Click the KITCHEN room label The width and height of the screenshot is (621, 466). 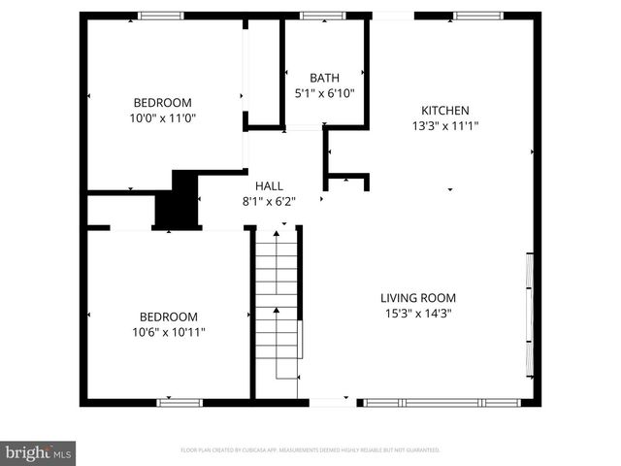pos(444,110)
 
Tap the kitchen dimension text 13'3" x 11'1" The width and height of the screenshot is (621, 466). pos(444,125)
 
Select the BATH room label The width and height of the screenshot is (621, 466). pos(324,78)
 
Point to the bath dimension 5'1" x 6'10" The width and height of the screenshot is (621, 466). pos(324,93)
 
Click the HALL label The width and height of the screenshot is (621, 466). pos(269,185)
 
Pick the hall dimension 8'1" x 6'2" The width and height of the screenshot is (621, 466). pos(269,201)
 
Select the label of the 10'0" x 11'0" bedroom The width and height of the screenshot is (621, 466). pos(162,102)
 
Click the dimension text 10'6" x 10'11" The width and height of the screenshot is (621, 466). pos(169,332)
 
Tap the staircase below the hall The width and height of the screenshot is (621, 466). pos(278,311)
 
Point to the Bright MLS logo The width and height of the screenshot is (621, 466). pos(39,452)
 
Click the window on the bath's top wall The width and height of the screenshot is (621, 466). pos(315,16)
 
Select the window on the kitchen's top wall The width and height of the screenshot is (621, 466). pos(472,16)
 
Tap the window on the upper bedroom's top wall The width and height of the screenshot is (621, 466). pos(160,16)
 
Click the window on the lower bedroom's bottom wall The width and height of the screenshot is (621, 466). pos(173,401)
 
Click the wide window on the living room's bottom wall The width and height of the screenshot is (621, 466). pos(441,401)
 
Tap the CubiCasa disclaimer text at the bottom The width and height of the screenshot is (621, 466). pos(310,450)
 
